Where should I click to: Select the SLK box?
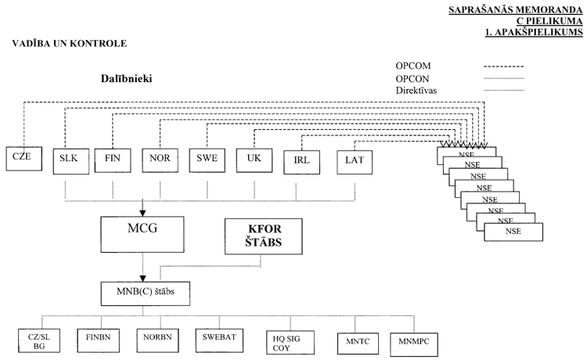[x=67, y=159]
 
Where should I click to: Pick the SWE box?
[x=207, y=159]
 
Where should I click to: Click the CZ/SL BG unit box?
[x=33, y=341]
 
